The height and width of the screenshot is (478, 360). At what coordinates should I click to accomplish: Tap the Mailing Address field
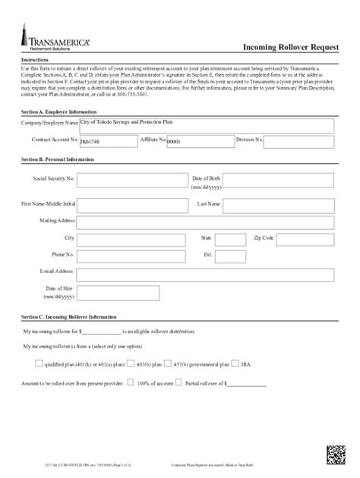click(x=206, y=222)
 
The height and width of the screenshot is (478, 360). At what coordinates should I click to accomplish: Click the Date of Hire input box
click(x=118, y=292)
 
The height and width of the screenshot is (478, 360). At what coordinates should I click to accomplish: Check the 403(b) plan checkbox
click(x=131, y=363)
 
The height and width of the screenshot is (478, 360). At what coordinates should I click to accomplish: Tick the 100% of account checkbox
click(x=131, y=382)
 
